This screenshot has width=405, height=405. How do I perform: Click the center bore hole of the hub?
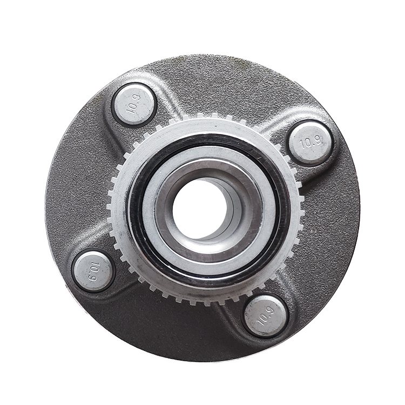pyautogui.click(x=200, y=208)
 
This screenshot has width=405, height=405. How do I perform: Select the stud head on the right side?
pyautogui.click(x=310, y=144)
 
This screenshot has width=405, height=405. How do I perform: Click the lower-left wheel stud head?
pyautogui.click(x=93, y=270)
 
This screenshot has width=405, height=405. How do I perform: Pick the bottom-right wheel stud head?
pyautogui.click(x=266, y=316)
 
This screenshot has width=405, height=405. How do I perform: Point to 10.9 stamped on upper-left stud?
pyautogui.click(x=134, y=105)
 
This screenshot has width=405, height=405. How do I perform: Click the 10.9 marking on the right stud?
pyautogui.click(x=311, y=143)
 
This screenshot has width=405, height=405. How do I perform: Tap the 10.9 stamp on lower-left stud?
pyautogui.click(x=94, y=271)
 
